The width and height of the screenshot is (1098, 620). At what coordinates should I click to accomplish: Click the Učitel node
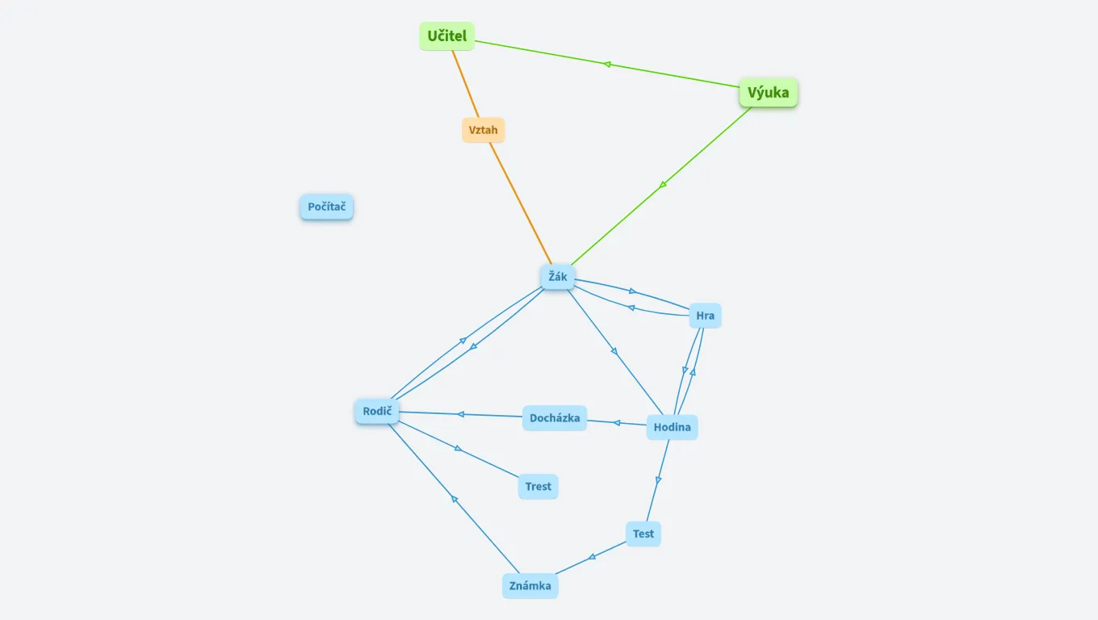tap(446, 36)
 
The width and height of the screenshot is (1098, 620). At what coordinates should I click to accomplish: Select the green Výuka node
tap(768, 93)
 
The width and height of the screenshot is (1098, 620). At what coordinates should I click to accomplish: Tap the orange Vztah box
tap(483, 130)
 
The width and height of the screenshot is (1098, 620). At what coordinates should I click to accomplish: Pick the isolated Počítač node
tap(326, 207)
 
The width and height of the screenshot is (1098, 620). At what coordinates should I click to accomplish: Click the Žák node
tap(557, 277)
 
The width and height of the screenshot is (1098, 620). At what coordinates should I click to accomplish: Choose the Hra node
tap(705, 316)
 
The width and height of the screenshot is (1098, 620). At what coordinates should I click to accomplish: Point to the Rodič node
tap(377, 412)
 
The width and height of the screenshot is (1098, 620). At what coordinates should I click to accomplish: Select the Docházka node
tap(554, 418)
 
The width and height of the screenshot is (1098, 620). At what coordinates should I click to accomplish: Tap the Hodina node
tap(672, 427)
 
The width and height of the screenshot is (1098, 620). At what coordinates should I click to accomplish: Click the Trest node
tap(538, 487)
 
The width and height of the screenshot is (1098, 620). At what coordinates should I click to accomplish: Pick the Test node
tap(643, 534)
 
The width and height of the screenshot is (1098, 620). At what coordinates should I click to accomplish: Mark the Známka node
tap(530, 586)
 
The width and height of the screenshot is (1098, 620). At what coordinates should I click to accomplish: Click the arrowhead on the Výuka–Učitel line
tap(607, 64)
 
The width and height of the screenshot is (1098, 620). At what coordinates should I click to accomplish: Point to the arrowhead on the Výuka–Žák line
tap(663, 185)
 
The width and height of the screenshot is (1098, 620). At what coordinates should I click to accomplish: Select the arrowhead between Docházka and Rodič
tap(461, 414)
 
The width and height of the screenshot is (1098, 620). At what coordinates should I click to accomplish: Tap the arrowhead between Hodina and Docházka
tap(617, 422)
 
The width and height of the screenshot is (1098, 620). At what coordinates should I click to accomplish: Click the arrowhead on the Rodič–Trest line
tap(458, 448)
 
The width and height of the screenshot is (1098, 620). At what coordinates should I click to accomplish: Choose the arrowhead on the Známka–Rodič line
tap(455, 500)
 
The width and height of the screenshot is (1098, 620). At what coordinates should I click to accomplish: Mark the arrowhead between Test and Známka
tap(593, 556)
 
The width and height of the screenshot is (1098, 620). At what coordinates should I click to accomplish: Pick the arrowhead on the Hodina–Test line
tap(658, 480)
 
